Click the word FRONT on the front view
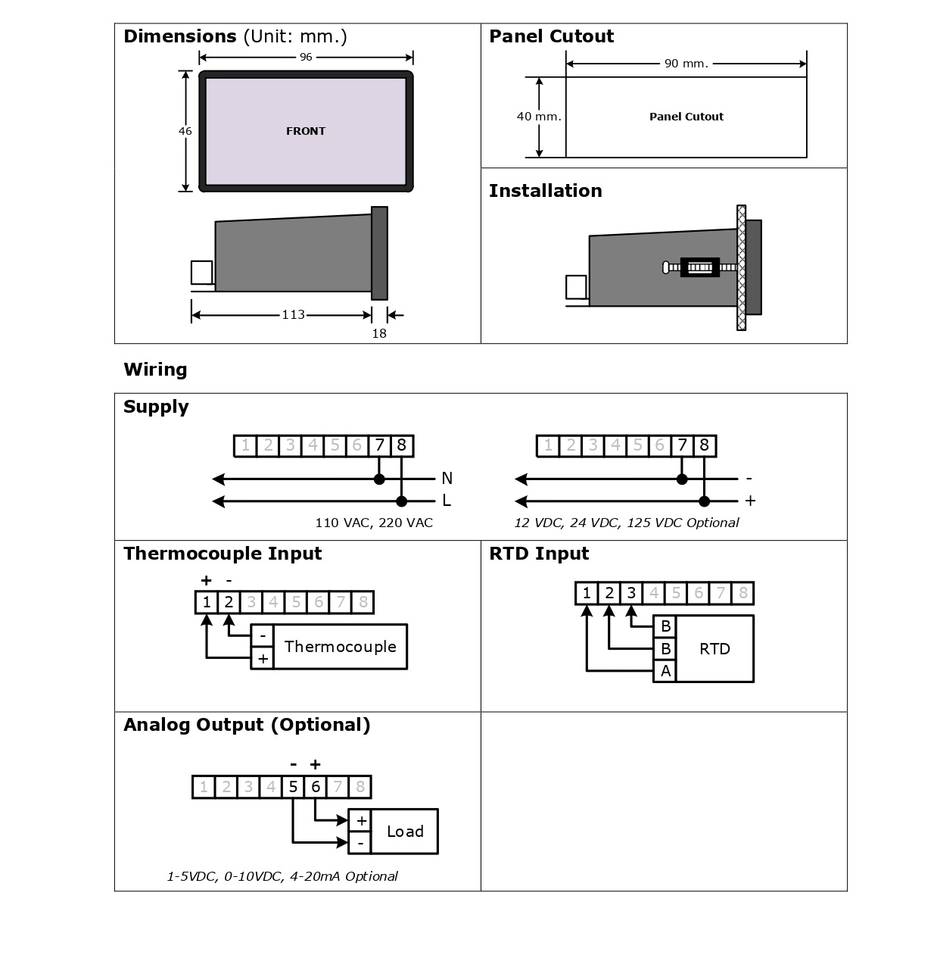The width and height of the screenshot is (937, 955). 306,131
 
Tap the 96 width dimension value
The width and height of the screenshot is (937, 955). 306,58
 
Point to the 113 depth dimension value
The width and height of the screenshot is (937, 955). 293,314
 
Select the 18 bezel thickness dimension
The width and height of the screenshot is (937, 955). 379,333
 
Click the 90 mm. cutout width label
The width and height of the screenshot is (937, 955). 686,64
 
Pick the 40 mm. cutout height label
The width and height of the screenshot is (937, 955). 539,117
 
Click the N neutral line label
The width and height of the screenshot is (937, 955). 447,478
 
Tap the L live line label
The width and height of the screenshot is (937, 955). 447,501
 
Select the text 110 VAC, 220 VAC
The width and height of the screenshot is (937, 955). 374,523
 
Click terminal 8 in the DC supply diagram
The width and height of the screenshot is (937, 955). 704,445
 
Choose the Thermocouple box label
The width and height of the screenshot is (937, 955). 340,647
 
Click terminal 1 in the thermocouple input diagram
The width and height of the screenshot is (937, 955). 206,603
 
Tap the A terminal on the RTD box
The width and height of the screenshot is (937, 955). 665,671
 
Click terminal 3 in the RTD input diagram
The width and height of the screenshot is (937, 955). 631,593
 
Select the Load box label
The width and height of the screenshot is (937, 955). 405,832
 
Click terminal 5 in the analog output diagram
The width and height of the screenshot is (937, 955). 293,787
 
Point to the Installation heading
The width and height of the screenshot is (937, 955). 545,191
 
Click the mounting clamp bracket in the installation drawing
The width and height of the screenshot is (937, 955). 699,267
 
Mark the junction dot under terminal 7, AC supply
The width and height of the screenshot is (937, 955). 379,479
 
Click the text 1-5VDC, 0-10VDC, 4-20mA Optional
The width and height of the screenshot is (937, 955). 282,876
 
